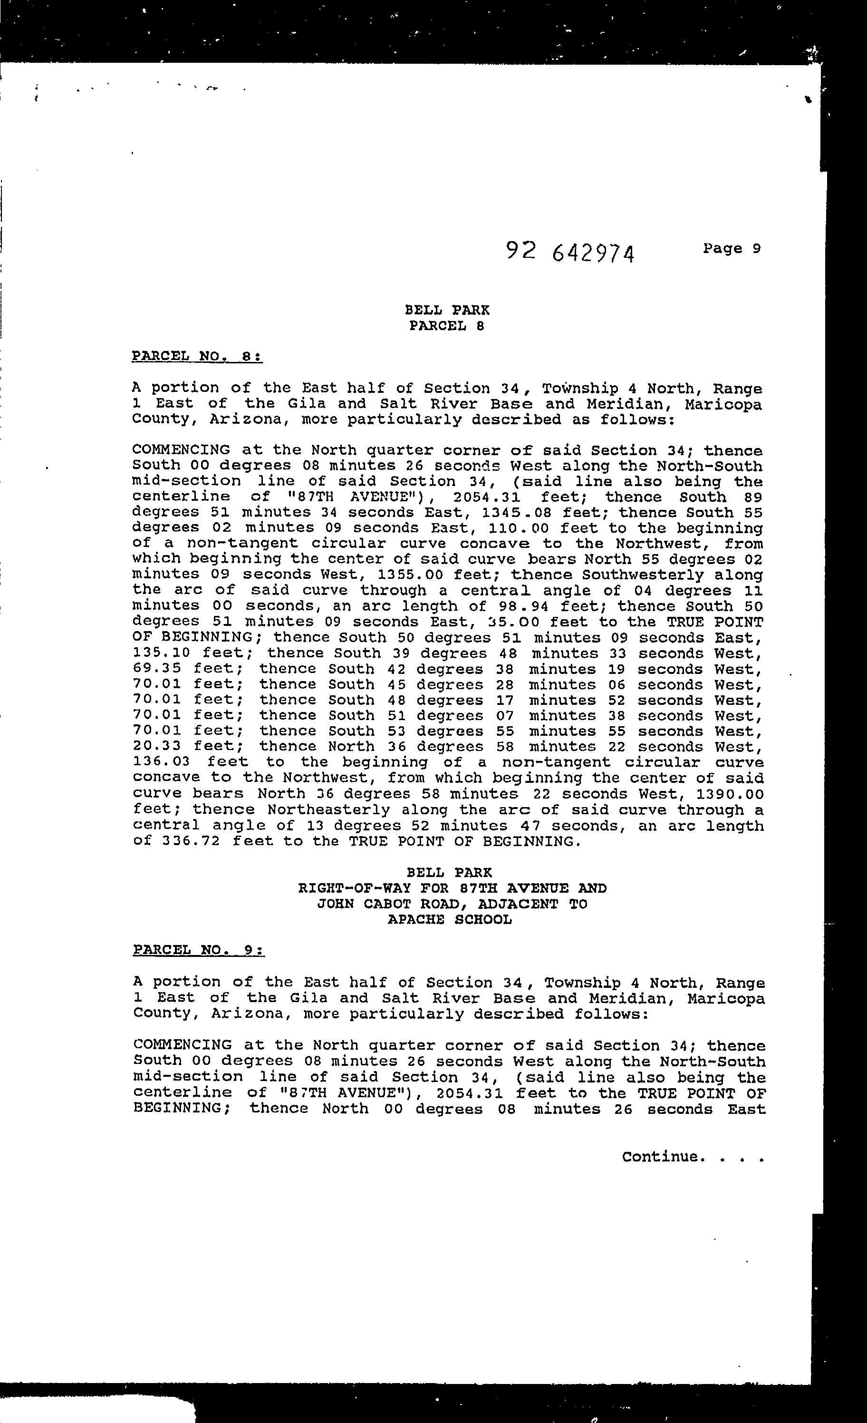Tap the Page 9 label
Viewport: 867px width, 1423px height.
732,248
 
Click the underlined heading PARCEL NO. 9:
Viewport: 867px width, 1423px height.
199,950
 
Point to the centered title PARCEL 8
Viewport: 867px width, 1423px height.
447,326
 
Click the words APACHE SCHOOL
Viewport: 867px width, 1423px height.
450,919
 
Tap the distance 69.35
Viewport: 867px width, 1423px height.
157,669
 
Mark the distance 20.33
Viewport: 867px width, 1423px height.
157,747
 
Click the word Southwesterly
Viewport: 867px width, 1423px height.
643,575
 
